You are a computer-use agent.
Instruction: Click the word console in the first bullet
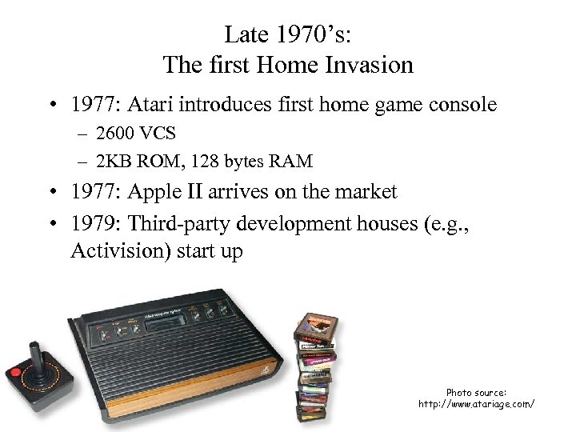[464, 105]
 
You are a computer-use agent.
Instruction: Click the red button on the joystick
[16, 374]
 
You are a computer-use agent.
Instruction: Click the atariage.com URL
[476, 404]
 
